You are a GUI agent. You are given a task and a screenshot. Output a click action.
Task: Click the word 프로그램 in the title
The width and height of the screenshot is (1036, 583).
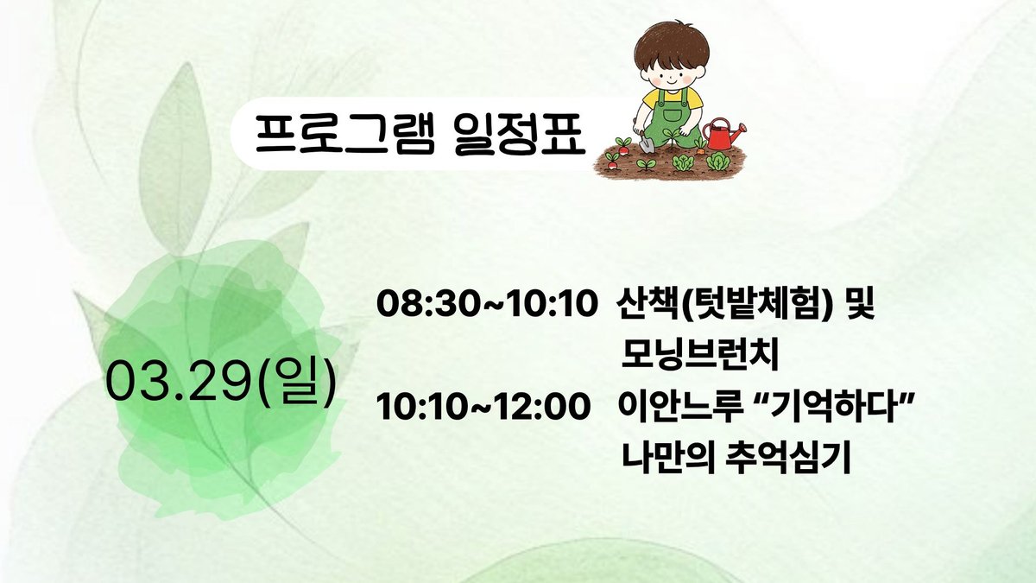(345, 134)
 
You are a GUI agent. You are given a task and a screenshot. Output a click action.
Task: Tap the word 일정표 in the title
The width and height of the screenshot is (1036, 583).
(521, 134)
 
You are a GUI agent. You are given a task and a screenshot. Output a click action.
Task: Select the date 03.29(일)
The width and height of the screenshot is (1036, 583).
(222, 383)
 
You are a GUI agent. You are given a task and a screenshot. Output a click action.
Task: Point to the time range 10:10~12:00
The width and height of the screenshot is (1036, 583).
(483, 407)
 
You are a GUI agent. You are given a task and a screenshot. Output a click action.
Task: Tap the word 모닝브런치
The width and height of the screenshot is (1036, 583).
(700, 355)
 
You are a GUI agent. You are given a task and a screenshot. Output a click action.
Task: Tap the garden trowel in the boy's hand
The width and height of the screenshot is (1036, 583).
(646, 142)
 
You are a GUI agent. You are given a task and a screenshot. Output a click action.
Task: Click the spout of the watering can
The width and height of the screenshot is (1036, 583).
(738, 129)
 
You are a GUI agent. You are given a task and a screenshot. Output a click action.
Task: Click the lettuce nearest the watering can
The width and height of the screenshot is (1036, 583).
(718, 162)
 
